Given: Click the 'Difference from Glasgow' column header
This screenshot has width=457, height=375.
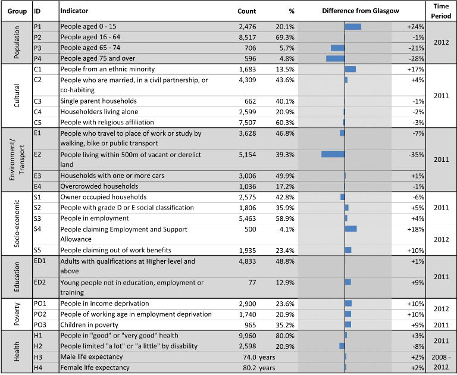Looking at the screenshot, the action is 360,11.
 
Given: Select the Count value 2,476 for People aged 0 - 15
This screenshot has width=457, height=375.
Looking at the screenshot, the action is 248,27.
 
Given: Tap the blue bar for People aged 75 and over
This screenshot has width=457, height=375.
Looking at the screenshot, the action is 336,58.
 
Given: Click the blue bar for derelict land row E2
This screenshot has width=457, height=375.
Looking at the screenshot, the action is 333,154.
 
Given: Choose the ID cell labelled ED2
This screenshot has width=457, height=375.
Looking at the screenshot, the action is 40,282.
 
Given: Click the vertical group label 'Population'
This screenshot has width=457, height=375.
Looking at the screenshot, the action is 17,42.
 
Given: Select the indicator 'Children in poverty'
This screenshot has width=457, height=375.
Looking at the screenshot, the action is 89,325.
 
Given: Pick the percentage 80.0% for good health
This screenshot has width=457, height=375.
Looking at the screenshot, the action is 285,336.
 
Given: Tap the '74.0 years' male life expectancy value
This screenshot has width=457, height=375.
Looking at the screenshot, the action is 259,357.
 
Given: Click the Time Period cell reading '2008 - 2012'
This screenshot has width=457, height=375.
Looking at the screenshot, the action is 442,362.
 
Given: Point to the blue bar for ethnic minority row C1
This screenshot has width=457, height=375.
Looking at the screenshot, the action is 350,69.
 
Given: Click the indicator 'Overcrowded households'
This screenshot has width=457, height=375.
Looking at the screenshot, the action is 99,186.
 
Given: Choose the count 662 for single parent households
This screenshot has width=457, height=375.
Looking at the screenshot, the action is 251,101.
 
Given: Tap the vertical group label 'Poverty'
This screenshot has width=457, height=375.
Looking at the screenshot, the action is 17,314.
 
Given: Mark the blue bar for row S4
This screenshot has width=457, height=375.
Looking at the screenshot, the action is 351,229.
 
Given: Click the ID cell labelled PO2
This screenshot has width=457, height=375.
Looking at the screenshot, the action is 40,314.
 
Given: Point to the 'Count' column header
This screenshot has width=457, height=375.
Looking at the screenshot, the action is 246,11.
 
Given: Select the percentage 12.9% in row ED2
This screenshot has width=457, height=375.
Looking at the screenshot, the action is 285,283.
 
